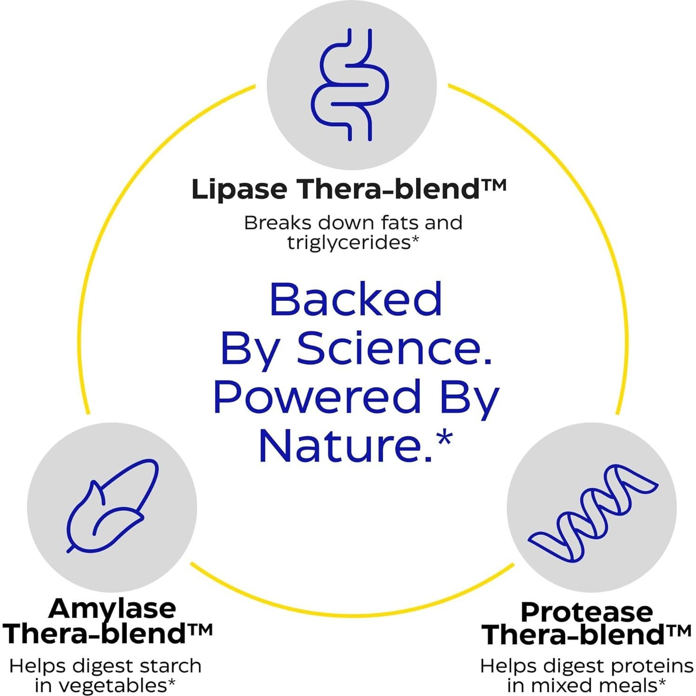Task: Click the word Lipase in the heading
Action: [x=239, y=189]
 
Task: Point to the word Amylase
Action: [x=113, y=609]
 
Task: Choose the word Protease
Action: [x=587, y=612]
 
